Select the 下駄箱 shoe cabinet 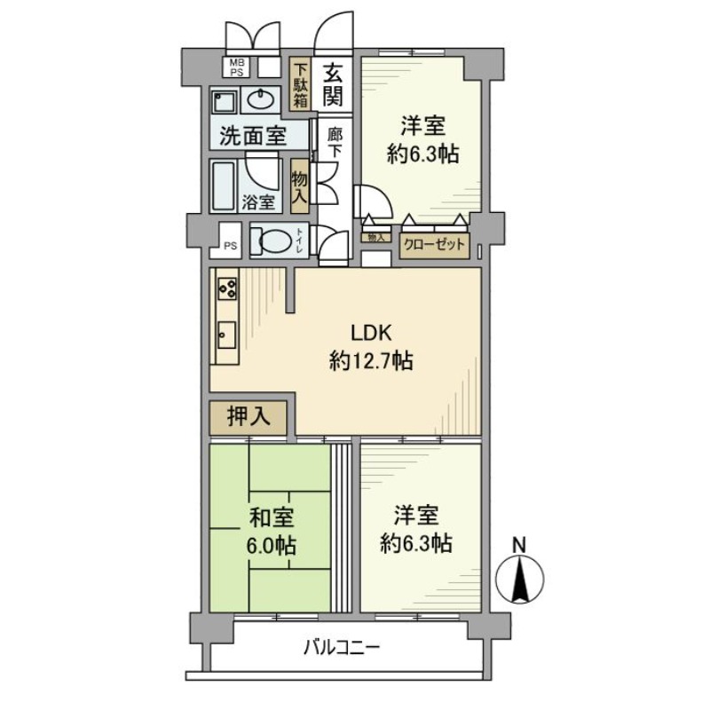pyautogui.click(x=302, y=83)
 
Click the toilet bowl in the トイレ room pyautogui.click(x=270, y=240)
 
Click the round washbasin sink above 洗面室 pyautogui.click(x=262, y=99)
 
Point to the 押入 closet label pyautogui.click(x=248, y=414)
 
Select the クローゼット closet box pyautogui.click(x=434, y=244)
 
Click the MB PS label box pyautogui.click(x=236, y=67)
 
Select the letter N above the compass pyautogui.click(x=520, y=544)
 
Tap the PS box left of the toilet pyautogui.click(x=230, y=247)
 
